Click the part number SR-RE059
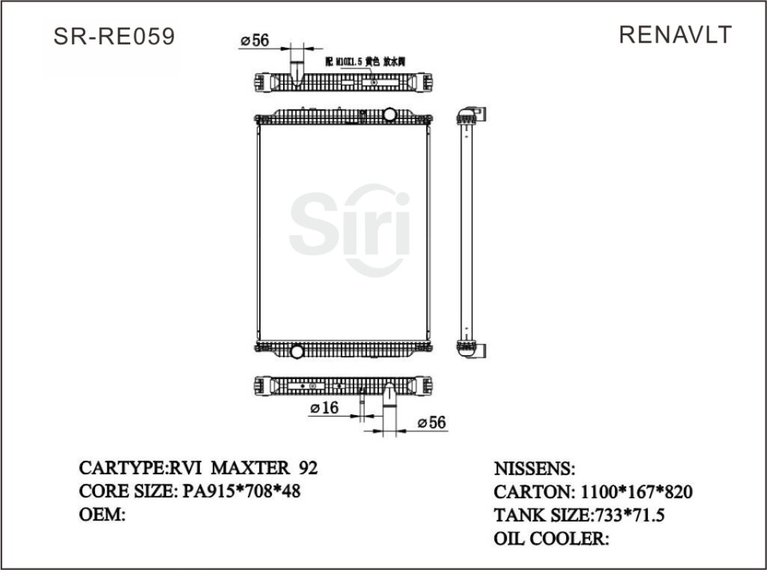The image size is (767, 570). point(115,37)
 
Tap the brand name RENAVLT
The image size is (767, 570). point(675,34)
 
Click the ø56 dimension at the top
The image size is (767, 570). point(255,41)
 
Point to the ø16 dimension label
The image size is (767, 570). point(324,407)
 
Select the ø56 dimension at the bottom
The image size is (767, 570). point(431,423)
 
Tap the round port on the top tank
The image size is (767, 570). point(389,115)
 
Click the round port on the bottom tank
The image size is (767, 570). point(297,350)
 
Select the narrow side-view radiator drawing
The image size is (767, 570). point(467,232)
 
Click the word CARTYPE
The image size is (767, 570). point(122,468)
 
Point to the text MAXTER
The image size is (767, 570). point(250,468)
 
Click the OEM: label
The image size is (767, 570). point(101,515)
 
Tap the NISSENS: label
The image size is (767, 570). point(535,469)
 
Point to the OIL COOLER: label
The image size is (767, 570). point(551,539)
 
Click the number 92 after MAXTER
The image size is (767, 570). point(308,468)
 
